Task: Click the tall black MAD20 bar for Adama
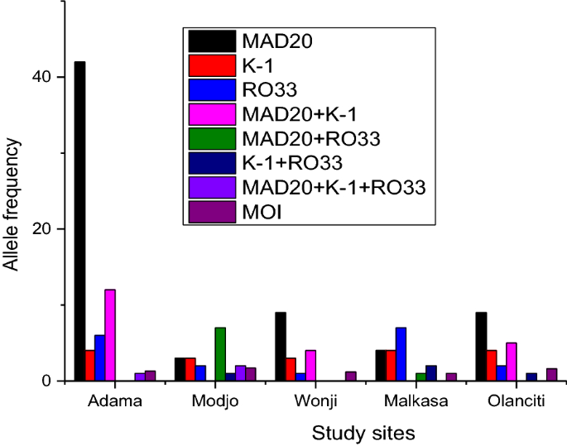click(79, 221)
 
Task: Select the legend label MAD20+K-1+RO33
click(334, 187)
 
